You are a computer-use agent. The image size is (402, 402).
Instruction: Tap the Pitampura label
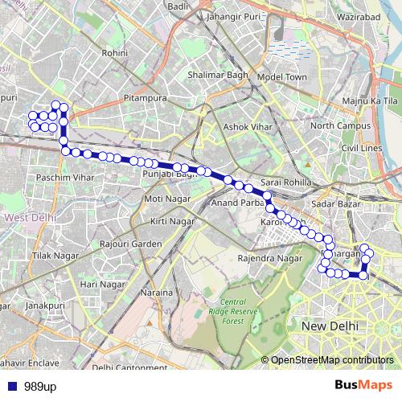coord(146,98)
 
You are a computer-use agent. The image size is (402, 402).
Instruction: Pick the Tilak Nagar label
coord(50,255)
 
